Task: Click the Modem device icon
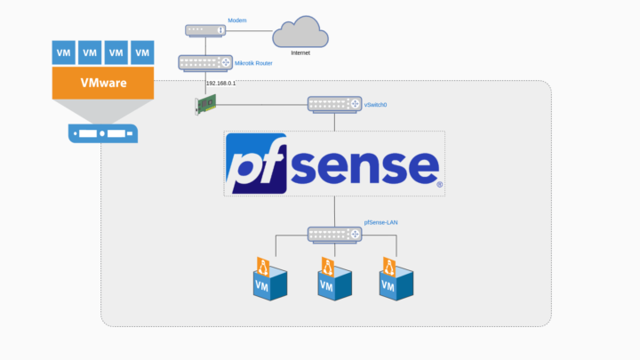(206, 30)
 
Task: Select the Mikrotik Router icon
(206, 63)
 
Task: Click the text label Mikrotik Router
(256, 64)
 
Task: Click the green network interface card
(206, 105)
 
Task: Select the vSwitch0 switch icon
(335, 105)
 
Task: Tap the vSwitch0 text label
(375, 105)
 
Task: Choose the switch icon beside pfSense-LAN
(335, 235)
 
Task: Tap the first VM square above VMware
(64, 52)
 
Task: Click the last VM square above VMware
(142, 52)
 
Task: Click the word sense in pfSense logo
(365, 165)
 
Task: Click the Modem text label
(236, 20)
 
